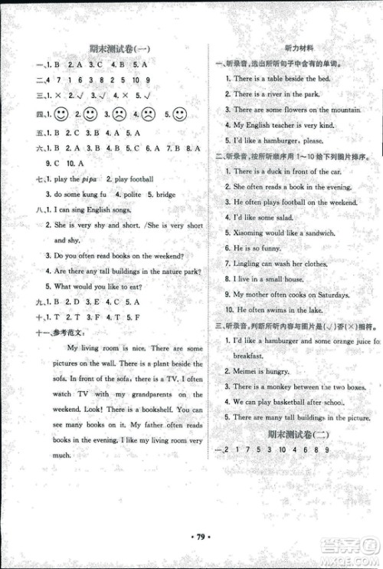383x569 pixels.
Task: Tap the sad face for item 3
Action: (x=119, y=115)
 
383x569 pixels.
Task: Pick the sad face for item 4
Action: (x=149, y=115)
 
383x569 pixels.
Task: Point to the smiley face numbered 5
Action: (x=178, y=115)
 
